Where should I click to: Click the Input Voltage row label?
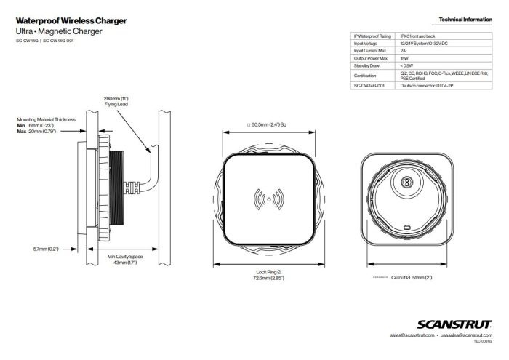pos(366,43)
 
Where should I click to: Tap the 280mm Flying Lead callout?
pos(116,100)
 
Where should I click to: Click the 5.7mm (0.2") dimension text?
pos(46,249)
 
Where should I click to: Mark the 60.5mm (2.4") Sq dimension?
pos(269,124)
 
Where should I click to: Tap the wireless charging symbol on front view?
pos(268,199)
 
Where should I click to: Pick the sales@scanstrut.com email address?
pos(412,335)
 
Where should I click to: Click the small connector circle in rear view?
pos(408,183)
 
